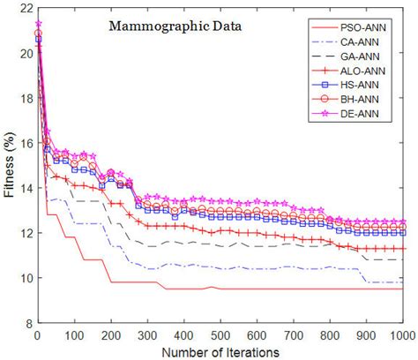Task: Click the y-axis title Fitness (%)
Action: point(8,169)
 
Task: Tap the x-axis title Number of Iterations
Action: point(220,352)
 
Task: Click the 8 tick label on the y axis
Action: point(26,324)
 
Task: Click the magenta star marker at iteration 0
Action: point(38,23)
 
